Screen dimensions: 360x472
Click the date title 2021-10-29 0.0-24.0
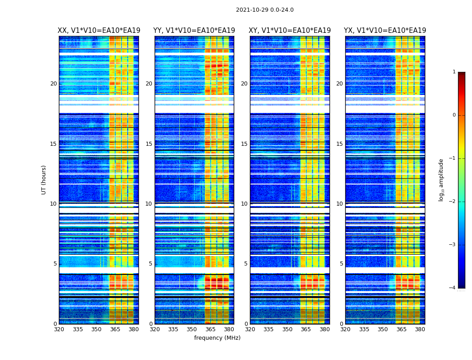click(264, 10)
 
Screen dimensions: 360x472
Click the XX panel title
click(99, 31)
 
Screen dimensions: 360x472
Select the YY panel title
click(194, 31)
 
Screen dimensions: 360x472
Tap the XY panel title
click(289, 31)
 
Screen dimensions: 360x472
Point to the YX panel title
click(385, 31)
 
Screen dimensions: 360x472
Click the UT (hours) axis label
click(44, 180)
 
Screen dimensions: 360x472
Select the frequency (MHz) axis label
click(217, 338)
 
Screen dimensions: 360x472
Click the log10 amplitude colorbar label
click(441, 180)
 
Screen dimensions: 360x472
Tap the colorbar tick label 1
click(454, 72)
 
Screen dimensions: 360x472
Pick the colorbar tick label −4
click(453, 288)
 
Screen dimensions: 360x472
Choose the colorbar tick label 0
click(454, 115)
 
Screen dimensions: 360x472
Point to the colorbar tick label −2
click(453, 202)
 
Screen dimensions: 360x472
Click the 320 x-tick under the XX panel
click(59, 329)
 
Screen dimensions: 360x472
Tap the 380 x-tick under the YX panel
click(420, 329)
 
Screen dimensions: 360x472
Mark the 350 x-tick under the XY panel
click(287, 329)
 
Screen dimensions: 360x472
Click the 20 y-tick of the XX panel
click(53, 84)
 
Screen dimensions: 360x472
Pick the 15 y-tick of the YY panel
click(149, 144)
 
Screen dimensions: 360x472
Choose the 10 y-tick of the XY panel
click(244, 204)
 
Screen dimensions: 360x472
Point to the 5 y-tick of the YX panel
click(341, 264)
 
